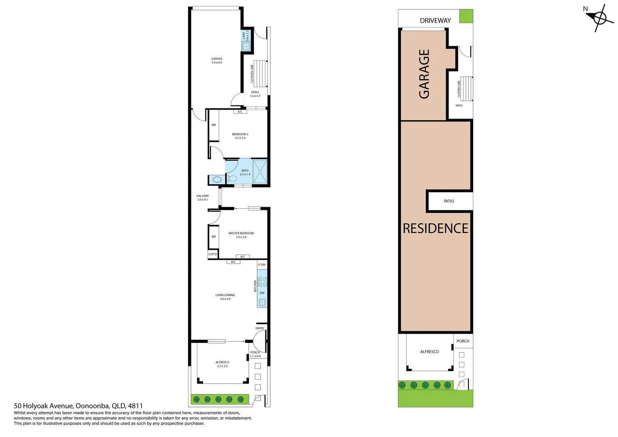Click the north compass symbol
tap(600, 18)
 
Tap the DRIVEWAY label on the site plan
tap(435, 21)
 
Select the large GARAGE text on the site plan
tap(424, 74)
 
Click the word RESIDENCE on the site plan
tap(435, 229)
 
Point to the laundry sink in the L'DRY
tap(246, 47)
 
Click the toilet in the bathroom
tap(232, 178)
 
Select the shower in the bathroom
tap(260, 171)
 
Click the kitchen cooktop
tap(262, 282)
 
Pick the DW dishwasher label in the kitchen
tap(262, 293)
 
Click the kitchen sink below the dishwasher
tap(262, 302)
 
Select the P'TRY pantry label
tap(262, 265)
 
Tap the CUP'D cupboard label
tap(213, 254)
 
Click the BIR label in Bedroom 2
tap(214, 125)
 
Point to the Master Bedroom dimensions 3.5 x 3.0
tap(241, 237)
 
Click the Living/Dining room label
tap(225, 295)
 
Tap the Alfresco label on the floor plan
tap(222, 362)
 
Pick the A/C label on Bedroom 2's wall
tap(240, 112)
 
